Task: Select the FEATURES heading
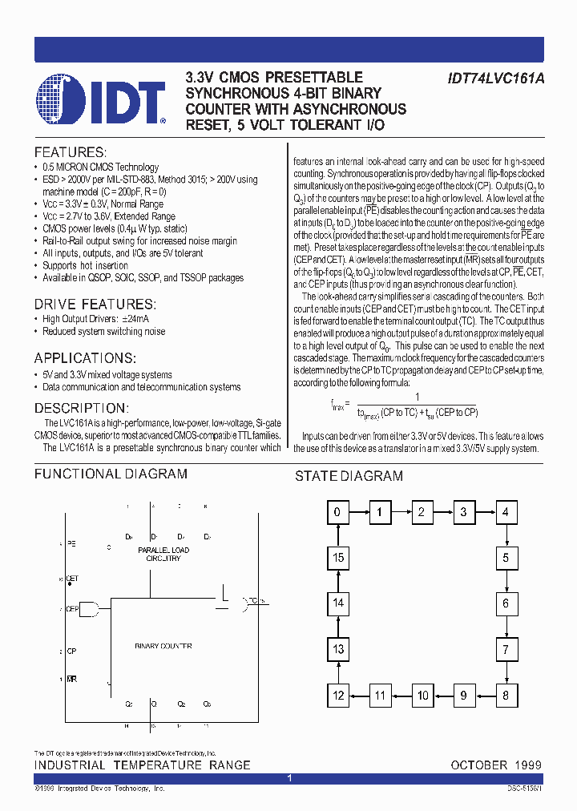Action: (70, 152)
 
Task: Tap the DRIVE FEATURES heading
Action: (95, 305)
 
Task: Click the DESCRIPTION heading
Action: (81, 408)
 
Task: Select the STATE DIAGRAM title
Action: (349, 476)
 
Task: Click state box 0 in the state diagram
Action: (338, 511)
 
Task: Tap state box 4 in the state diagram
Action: (505, 511)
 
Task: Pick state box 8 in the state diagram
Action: (505, 696)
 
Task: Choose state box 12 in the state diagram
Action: (338, 696)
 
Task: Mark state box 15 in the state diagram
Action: (338, 558)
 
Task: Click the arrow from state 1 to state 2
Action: (401, 511)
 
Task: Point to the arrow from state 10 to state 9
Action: (442, 696)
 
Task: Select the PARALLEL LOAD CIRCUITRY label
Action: (163, 554)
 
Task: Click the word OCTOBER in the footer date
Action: (479, 765)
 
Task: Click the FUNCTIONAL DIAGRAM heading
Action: (111, 474)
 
